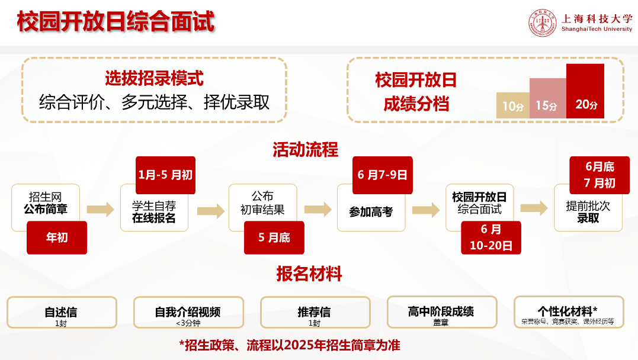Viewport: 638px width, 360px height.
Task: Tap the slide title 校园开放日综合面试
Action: [x=115, y=22]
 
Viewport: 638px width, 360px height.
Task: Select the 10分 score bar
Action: [x=512, y=106]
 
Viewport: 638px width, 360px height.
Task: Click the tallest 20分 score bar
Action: [x=585, y=91]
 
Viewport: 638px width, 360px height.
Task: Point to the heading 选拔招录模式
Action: [x=154, y=78]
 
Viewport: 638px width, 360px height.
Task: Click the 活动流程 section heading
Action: [x=305, y=150]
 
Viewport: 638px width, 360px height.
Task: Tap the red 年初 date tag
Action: [x=57, y=237]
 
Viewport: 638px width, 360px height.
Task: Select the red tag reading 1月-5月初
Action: [x=165, y=175]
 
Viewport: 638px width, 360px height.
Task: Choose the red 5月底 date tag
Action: [x=274, y=237]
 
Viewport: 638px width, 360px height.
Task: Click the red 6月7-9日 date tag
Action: [x=382, y=175]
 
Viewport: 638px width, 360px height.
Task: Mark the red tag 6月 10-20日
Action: [x=491, y=237]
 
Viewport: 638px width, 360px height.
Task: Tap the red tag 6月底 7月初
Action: [x=599, y=175]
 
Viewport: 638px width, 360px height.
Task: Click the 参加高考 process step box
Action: [x=371, y=211]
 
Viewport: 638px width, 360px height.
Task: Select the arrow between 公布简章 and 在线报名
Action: [x=100, y=209]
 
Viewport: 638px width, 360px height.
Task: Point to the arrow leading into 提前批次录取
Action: [x=534, y=208]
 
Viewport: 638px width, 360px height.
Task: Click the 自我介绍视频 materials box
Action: [x=188, y=313]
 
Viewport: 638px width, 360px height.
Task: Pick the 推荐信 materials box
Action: [x=315, y=313]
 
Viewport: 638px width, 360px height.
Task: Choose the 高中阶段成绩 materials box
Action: [x=441, y=313]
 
